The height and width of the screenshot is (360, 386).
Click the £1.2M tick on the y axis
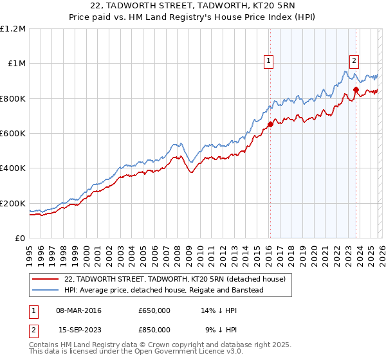pyautogui.click(x=13, y=29)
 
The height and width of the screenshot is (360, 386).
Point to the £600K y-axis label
pyautogui.click(x=13, y=134)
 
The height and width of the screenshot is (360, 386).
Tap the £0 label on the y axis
pyautogui.click(x=20, y=239)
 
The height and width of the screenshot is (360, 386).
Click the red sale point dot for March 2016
pyautogui.click(x=270, y=125)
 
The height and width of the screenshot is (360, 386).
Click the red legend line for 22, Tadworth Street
pyautogui.click(x=45, y=279)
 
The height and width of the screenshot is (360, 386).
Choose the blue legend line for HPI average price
pyautogui.click(x=45, y=290)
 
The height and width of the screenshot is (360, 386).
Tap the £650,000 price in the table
pyautogui.click(x=154, y=310)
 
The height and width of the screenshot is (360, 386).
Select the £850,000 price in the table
pyautogui.click(x=154, y=329)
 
